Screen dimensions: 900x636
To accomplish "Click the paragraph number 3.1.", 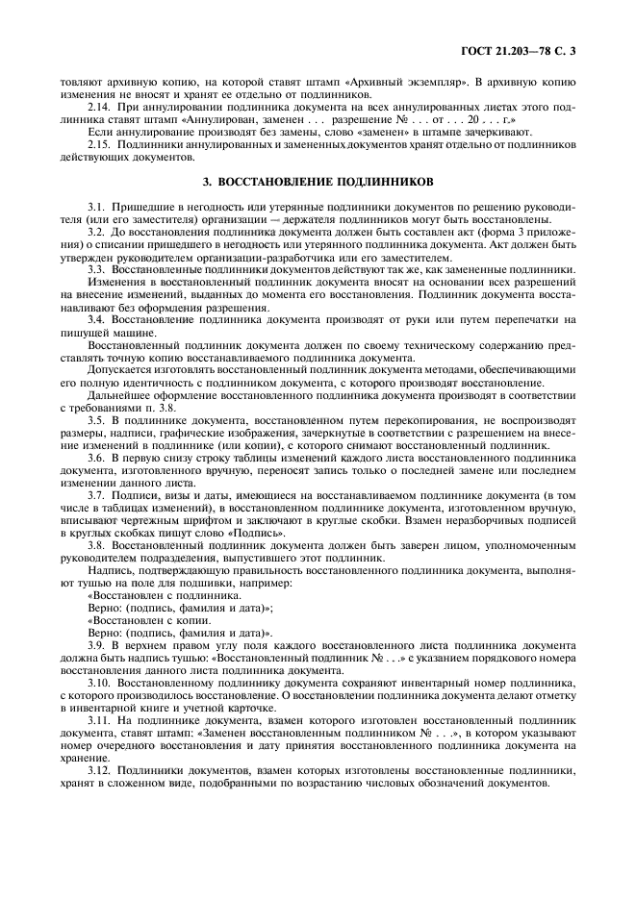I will [x=95, y=207].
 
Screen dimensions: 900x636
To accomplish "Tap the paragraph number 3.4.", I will [x=95, y=316].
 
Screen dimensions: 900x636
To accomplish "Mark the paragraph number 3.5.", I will [x=95, y=418].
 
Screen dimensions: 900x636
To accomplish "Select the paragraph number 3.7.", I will [x=95, y=492].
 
